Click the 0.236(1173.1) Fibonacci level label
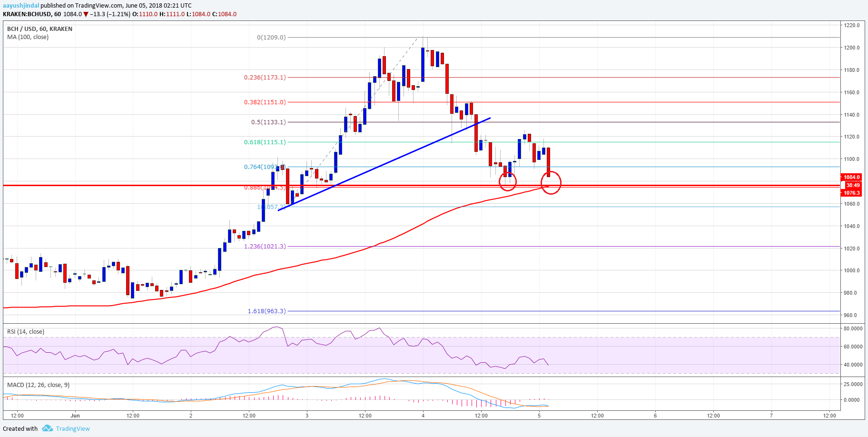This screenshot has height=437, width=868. (265, 77)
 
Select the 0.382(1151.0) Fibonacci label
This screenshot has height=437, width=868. (265, 102)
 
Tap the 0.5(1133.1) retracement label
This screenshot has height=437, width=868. (268, 122)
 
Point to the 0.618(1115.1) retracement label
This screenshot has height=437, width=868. (265, 142)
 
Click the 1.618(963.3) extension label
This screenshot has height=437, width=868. (266, 311)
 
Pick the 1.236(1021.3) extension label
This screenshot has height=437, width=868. (265, 246)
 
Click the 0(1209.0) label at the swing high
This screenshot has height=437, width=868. (271, 37)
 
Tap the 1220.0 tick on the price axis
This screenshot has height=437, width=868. (852, 25)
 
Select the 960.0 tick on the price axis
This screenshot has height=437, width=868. (851, 315)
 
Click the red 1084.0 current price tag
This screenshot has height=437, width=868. (852, 177)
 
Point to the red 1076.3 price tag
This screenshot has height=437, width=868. (852, 193)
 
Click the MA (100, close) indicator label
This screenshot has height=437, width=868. (28, 37)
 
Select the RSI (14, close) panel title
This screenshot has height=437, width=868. (25, 331)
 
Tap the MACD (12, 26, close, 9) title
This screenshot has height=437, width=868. (38, 385)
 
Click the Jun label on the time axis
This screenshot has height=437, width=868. (75, 416)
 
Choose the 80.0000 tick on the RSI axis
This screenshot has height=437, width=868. (853, 328)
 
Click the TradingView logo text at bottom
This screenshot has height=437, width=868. (73, 428)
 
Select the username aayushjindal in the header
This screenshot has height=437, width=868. (21, 6)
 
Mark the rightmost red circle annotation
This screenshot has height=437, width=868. (551, 183)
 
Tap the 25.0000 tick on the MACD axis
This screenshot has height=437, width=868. (853, 384)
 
